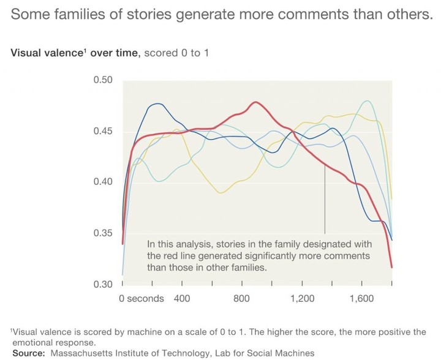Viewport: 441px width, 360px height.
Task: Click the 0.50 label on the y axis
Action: tap(103, 80)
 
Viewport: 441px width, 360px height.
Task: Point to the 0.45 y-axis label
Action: tap(103, 131)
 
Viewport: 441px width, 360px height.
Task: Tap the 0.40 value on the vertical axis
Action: tap(103, 182)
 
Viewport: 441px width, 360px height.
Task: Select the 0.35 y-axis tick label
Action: tap(103, 233)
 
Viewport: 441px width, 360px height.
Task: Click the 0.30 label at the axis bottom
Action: tap(103, 284)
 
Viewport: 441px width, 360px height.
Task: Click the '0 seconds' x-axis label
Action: tap(141, 298)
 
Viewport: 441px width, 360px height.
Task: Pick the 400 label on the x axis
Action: tap(182, 298)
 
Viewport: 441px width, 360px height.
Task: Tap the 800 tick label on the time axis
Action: tap(241, 298)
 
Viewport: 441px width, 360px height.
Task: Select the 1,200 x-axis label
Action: tap(303, 298)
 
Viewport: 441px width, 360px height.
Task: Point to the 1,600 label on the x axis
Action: tap(362, 298)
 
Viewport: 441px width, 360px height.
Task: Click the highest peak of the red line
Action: tap(255, 102)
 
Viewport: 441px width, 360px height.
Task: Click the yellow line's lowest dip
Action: tap(221, 193)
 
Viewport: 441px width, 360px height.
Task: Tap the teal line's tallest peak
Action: tap(367, 101)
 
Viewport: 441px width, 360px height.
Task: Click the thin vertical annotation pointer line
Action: tap(325, 199)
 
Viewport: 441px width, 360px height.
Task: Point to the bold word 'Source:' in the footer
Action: tap(29, 353)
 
